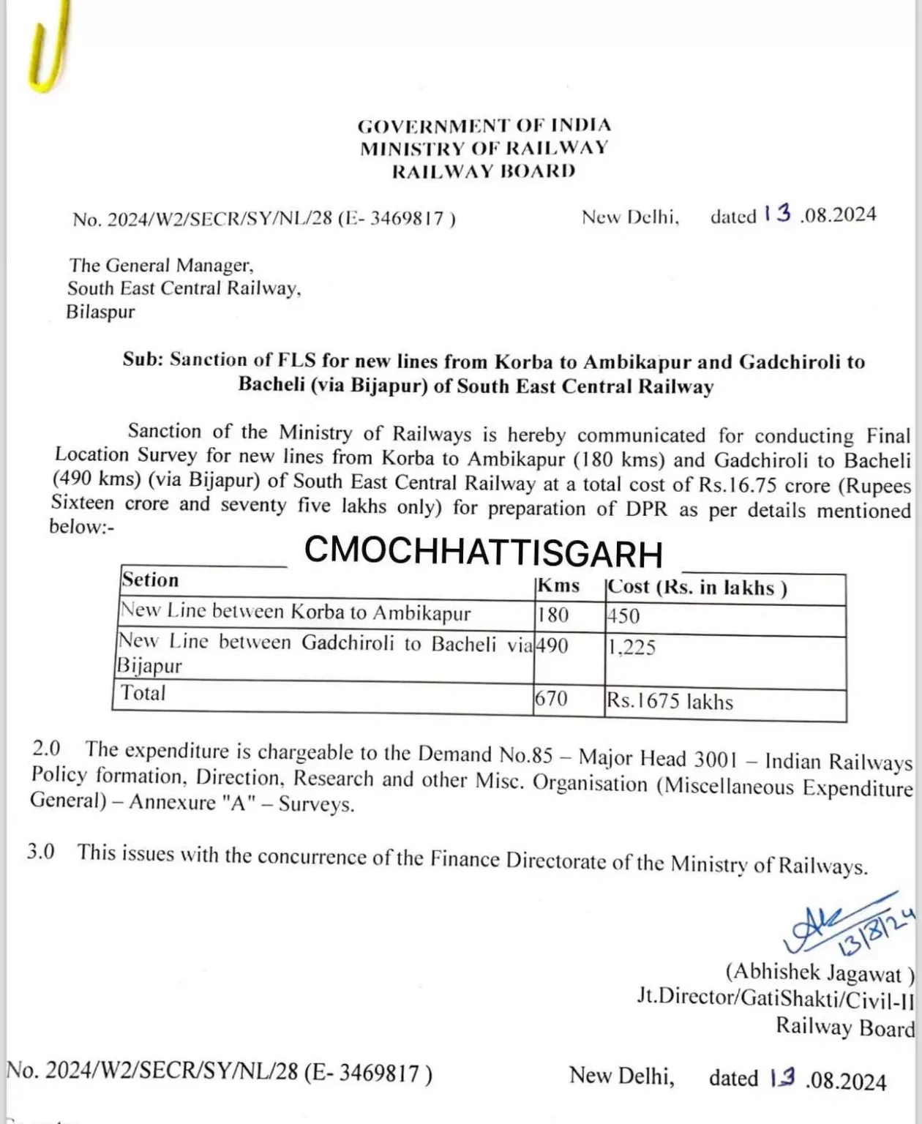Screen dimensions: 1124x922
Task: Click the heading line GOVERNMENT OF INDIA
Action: coord(484,125)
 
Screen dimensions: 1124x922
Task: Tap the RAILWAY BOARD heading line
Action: coord(484,171)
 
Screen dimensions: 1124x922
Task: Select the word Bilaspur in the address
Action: coord(101,312)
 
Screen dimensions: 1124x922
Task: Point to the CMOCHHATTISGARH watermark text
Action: coord(483,552)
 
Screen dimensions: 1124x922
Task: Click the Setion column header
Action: coord(150,580)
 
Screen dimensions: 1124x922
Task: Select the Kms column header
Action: coord(558,585)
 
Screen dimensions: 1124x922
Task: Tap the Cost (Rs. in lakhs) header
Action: coord(697,588)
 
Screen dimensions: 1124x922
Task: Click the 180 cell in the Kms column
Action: coord(553,615)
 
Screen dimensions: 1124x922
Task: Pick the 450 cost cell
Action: coord(623,616)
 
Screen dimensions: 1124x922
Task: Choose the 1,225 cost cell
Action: coord(631,648)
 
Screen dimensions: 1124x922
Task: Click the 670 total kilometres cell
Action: coord(551,698)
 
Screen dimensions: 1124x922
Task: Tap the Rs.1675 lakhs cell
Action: coord(670,702)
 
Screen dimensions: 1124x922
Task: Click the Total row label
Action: coord(143,693)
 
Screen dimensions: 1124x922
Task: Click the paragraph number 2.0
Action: coord(47,749)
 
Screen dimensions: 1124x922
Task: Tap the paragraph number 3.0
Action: coord(41,852)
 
